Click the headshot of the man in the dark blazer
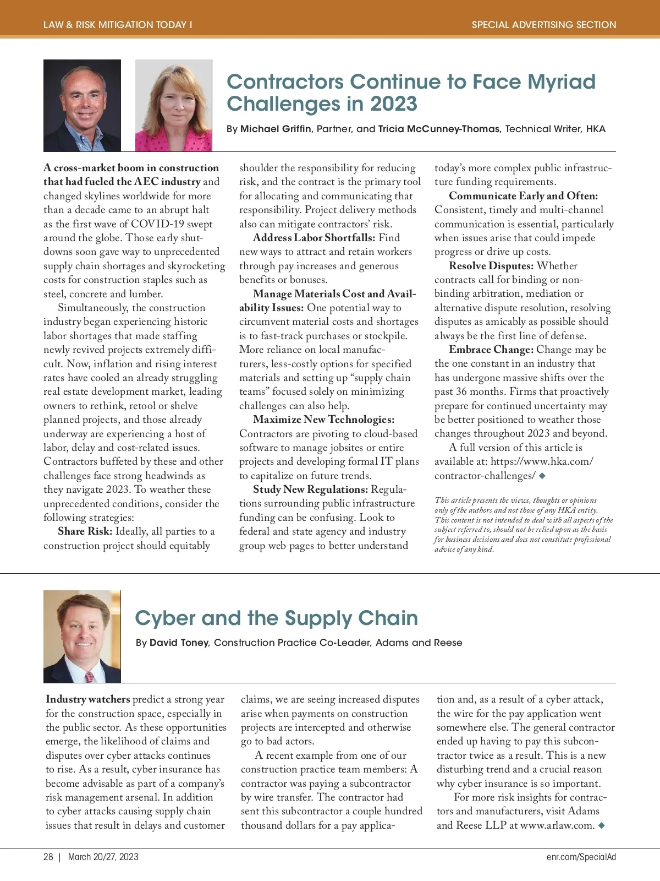click(x=82, y=105)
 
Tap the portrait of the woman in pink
click(x=173, y=105)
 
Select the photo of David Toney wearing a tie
click(x=82, y=637)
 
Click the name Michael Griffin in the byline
click(x=276, y=129)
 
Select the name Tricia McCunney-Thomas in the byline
click(x=439, y=129)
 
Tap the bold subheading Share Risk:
click(x=85, y=531)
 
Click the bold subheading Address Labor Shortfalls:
click(x=314, y=238)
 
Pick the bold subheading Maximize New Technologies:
click(x=323, y=420)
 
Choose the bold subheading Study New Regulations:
click(x=310, y=490)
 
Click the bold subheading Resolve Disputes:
click(x=491, y=266)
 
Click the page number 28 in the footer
click(x=48, y=857)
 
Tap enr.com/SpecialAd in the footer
click(x=581, y=857)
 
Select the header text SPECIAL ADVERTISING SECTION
click(x=544, y=25)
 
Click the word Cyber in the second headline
click(x=166, y=618)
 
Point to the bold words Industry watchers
click(x=88, y=699)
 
